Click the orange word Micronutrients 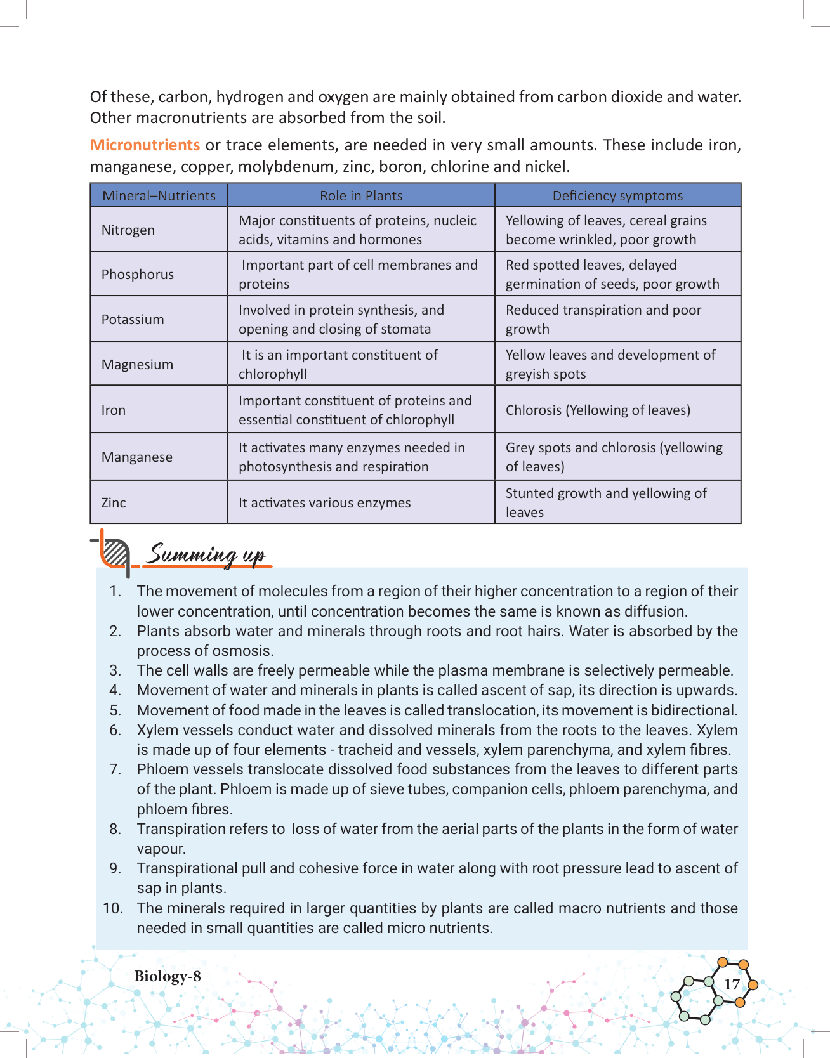[145, 145]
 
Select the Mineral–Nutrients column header [159, 196]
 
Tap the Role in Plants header [361, 196]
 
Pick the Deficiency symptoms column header [617, 196]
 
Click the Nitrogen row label [128, 230]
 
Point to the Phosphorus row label [138, 275]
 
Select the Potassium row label [133, 320]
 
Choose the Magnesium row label [137, 365]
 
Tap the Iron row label [114, 410]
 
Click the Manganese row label [137, 457]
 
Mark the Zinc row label [114, 503]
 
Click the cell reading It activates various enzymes [325, 503]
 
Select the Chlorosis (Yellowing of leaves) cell [598, 410]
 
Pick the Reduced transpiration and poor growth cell [603, 320]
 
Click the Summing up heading [206, 555]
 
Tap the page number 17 [732, 984]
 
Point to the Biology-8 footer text [168, 976]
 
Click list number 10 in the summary [113, 908]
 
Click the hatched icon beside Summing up [115, 552]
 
